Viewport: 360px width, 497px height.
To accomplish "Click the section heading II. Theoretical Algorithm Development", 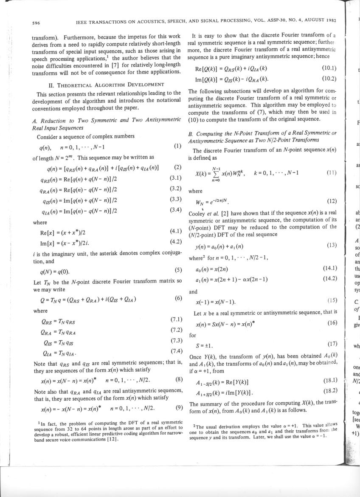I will [x=107, y=85].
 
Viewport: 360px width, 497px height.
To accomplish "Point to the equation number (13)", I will [x=332, y=246].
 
